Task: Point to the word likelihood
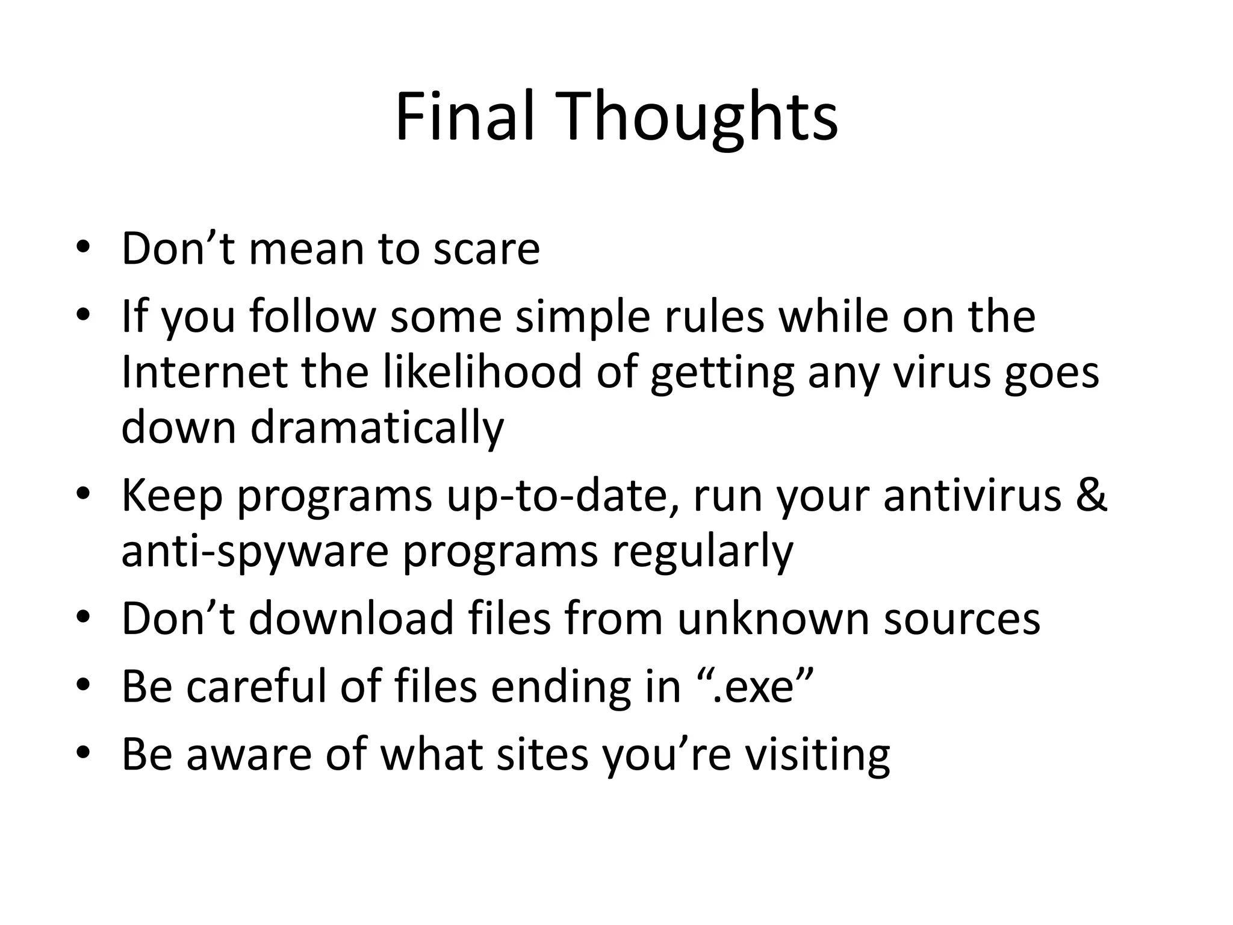[x=482, y=372]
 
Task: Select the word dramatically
[x=377, y=428]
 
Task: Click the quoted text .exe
[x=759, y=686]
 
